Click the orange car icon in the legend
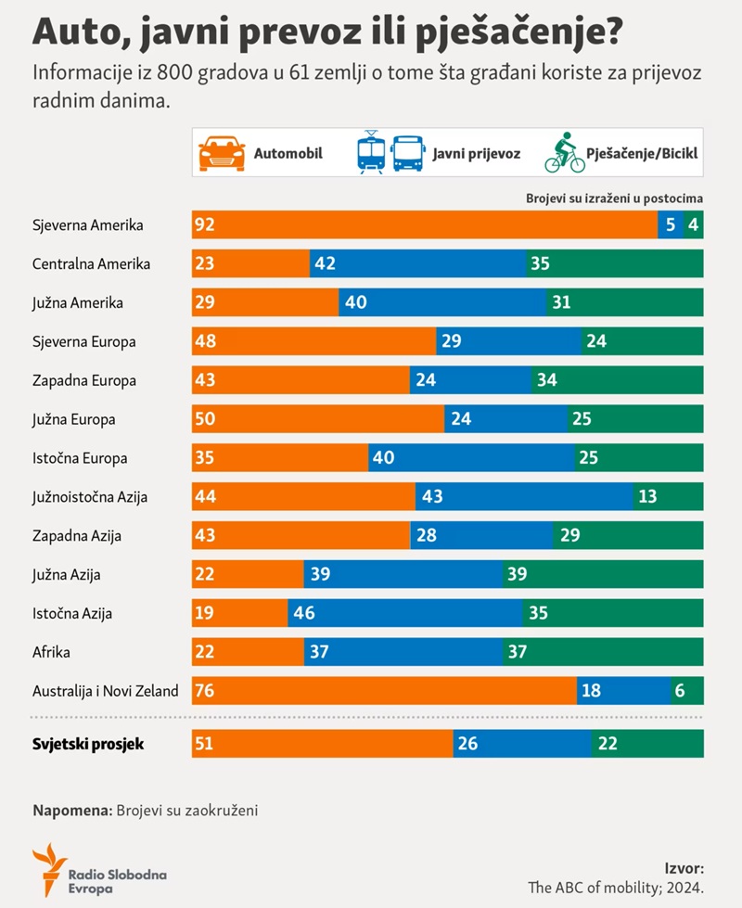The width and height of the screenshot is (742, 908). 223,153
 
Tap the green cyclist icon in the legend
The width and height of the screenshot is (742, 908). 564,153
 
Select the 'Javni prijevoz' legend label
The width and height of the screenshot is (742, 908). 476,154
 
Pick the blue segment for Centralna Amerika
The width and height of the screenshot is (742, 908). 416,263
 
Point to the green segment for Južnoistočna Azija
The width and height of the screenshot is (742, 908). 668,496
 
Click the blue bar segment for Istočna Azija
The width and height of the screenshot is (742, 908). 405,613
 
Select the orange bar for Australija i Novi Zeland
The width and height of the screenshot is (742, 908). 384,691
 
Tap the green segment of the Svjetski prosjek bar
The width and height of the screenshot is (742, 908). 647,743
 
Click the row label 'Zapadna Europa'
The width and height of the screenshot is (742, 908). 84,380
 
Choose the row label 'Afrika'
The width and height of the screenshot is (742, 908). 52,652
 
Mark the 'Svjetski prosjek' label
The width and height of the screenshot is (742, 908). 88,744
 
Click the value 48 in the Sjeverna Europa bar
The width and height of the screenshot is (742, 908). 205,341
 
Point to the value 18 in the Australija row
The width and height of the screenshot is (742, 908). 590,691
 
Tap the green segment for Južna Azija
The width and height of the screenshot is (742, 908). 602,574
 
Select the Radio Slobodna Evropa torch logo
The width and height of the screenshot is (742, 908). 48,869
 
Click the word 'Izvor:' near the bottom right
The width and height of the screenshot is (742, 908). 684,868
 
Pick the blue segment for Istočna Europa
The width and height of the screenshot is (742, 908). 471,457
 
